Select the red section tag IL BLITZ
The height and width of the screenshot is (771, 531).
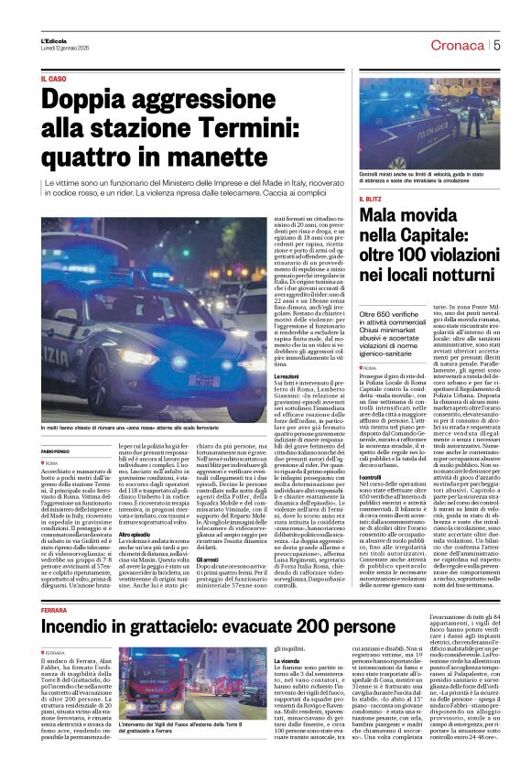tap(372, 198)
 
